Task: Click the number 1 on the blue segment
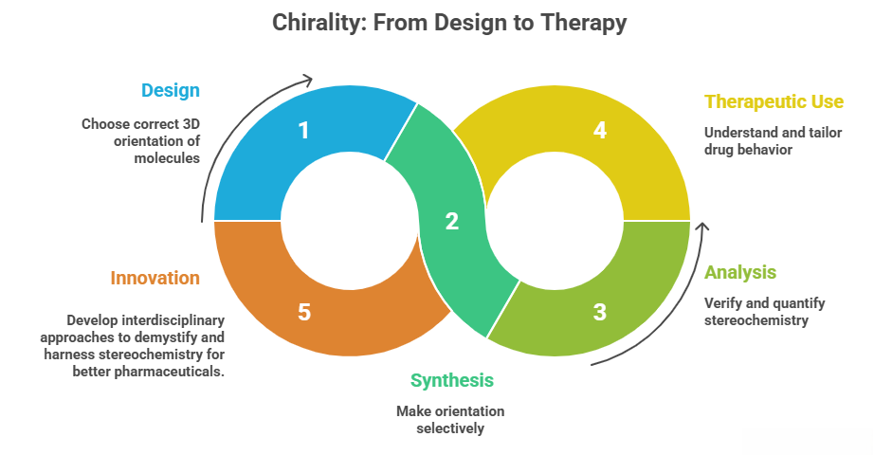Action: click(x=303, y=130)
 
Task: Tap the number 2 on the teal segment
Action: click(x=451, y=222)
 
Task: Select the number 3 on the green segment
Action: click(x=599, y=312)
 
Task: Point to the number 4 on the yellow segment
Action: click(x=599, y=130)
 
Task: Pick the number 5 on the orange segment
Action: click(x=303, y=312)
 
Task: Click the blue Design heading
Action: click(x=171, y=91)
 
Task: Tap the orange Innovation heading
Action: click(x=155, y=278)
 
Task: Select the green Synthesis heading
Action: click(x=451, y=380)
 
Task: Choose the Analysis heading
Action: click(x=740, y=272)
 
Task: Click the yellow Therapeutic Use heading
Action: click(x=774, y=101)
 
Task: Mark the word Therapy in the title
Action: click(x=586, y=23)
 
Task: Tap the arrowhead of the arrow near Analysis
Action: click(x=702, y=227)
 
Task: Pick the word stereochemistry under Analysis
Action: click(x=756, y=319)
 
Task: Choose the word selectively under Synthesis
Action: click(x=451, y=428)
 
